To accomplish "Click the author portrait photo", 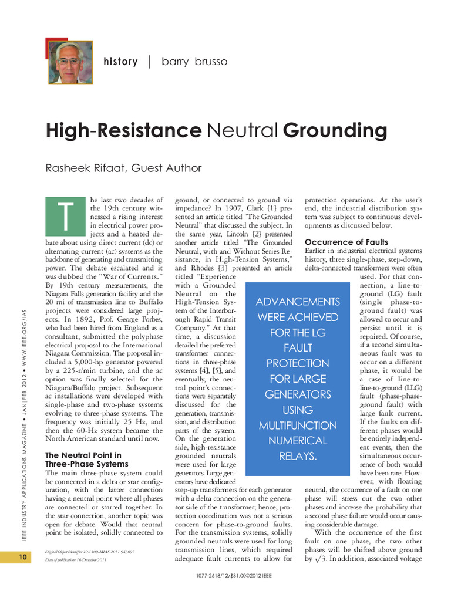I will pos(69,62).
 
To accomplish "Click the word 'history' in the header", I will pos(120,62).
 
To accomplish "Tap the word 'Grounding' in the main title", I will pos(335,130).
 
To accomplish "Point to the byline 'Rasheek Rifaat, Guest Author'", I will pos(123,168).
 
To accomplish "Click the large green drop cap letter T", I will pos(66,217).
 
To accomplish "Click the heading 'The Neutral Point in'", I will pos(83,455).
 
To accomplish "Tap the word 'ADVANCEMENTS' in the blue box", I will pos(298,302).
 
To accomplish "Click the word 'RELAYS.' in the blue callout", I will pos(298,455).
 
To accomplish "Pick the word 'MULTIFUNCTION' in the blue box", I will pos(298,425).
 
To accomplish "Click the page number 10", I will pos(22,557).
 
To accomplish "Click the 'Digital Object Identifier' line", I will pos(89,552).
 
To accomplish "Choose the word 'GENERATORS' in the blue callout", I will pos(298,394).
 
